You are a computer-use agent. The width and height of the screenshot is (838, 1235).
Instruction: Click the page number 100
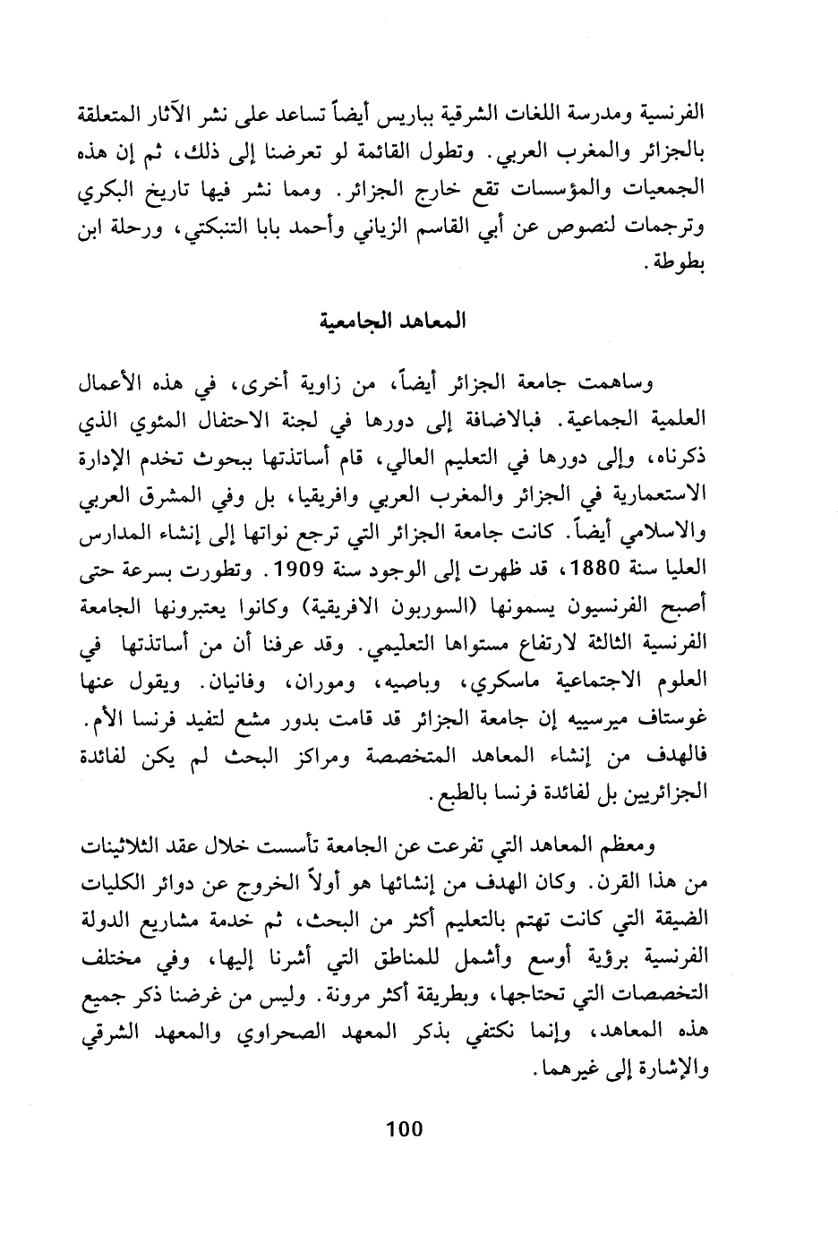[x=403, y=1128]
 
